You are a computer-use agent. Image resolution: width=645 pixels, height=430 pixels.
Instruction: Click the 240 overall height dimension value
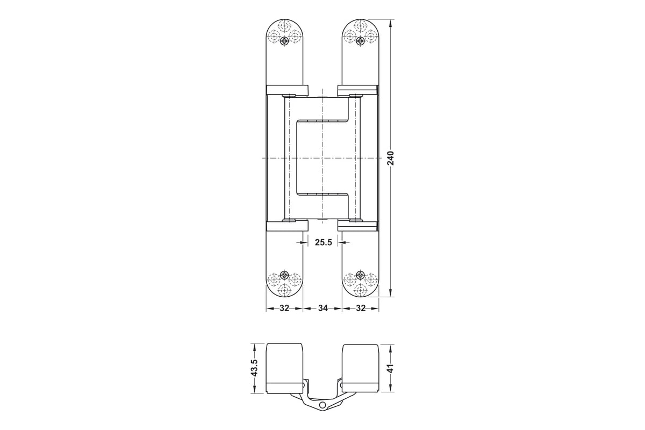[x=391, y=158]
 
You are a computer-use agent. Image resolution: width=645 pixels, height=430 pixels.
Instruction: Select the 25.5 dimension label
[x=323, y=243]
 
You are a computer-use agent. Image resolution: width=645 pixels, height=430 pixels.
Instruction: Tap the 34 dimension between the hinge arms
[x=322, y=309]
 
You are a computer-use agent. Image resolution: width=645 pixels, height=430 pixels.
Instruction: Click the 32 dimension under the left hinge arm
[x=284, y=309]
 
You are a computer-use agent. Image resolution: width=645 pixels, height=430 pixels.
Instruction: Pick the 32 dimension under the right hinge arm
[x=361, y=309]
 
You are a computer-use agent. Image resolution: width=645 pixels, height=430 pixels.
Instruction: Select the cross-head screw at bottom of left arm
[x=285, y=273]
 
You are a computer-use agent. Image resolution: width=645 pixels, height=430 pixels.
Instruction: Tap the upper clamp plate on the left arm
[x=286, y=89]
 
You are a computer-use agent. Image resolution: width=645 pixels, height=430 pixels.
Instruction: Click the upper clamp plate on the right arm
[x=358, y=89]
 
